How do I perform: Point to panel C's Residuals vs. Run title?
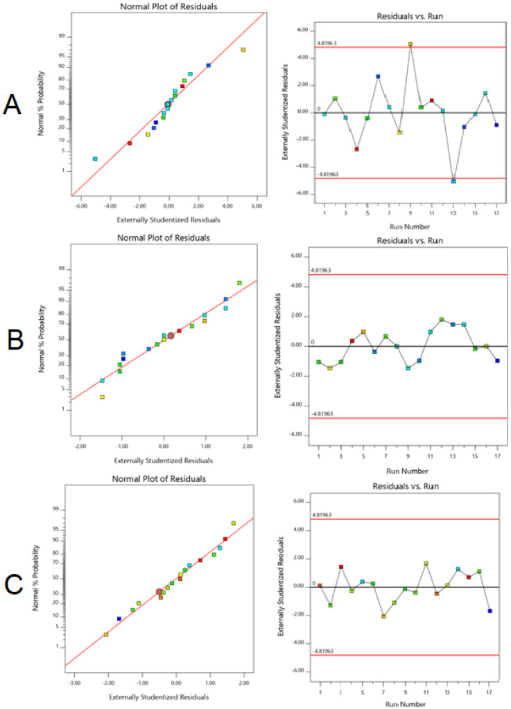tap(406, 487)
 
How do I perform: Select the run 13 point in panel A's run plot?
tap(453, 181)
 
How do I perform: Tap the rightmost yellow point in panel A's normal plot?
tap(243, 50)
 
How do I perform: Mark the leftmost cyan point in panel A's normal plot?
tap(95, 159)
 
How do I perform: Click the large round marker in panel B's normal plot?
tap(171, 335)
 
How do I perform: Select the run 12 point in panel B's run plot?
tap(442, 319)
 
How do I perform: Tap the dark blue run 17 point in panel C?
tap(490, 611)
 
